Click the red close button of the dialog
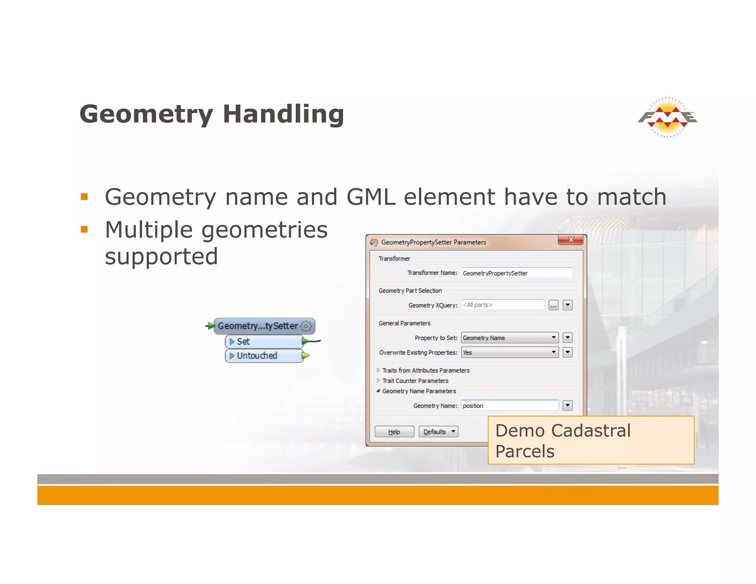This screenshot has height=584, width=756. pos(570,240)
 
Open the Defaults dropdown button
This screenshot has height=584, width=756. pos(438,432)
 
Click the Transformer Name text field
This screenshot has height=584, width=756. pos(516,273)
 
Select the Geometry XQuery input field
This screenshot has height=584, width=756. pos(502,305)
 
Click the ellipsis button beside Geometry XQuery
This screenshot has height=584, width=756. pos(553,305)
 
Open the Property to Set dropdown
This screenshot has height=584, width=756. pos(509,338)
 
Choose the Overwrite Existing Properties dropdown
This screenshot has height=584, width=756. pos(509,353)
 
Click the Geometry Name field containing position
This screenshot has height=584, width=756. pos(509,406)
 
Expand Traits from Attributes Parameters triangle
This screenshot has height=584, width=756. pos(378,370)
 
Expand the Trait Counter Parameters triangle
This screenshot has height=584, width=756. pos(378,381)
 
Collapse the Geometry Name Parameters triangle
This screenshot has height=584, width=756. pos(378,391)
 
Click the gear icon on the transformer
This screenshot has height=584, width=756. pos(306,326)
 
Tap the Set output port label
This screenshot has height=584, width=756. pos(244,342)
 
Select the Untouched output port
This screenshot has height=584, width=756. pos(257,356)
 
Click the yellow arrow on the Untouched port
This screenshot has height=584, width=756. pos(306,356)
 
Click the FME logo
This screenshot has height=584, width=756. pos(667,117)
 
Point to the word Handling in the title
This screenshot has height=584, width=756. pos(283,114)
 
